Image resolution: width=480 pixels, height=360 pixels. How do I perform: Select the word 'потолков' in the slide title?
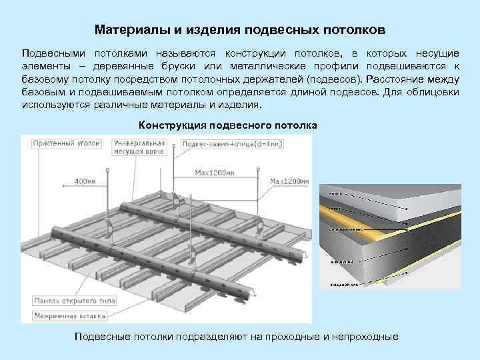pos(353,31)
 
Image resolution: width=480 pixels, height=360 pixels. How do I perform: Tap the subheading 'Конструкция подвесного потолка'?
pos(228,125)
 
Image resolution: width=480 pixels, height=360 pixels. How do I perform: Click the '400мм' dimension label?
pos(85,181)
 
